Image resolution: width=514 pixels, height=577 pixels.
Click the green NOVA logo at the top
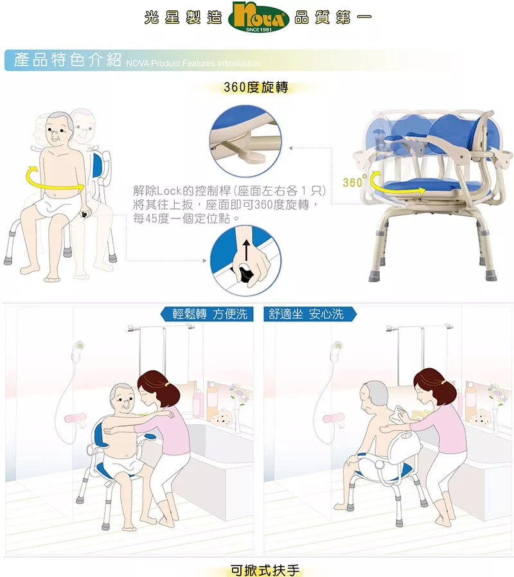(259, 17)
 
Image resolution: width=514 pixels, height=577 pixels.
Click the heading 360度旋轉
(256, 87)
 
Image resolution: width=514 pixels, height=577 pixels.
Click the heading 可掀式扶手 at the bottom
(265, 570)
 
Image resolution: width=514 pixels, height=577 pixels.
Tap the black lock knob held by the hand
(244, 275)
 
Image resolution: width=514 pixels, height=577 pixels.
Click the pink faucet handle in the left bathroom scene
(75, 418)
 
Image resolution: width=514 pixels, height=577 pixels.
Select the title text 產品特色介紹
(67, 60)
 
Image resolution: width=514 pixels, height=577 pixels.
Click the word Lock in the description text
(169, 191)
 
